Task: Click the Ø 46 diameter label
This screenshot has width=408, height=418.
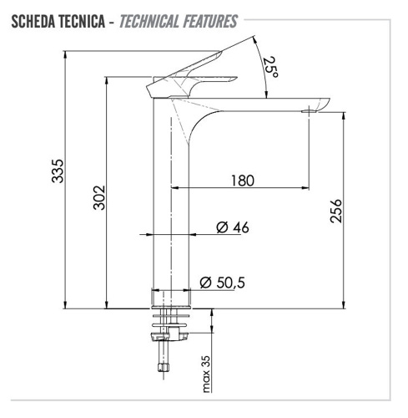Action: pyautogui.click(x=232, y=227)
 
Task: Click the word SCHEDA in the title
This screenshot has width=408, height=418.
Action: pyautogui.click(x=36, y=20)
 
